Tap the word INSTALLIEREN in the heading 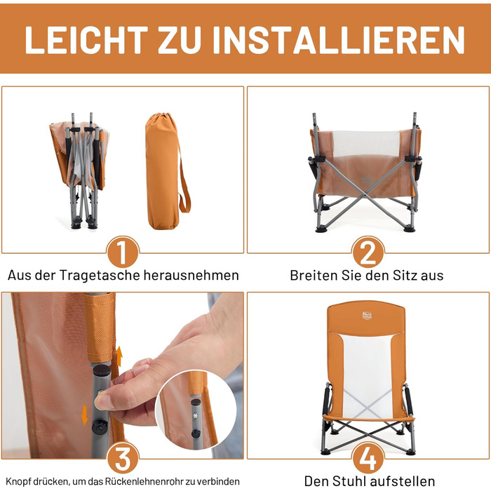click(x=339, y=40)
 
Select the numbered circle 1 click(x=123, y=253)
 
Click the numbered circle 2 click(x=368, y=253)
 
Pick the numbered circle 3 click(x=123, y=458)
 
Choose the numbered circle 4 click(x=368, y=458)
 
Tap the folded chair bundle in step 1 click(x=80, y=170)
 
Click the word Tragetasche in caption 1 click(x=100, y=275)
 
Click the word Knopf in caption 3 click(x=18, y=482)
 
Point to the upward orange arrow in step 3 click(x=119, y=356)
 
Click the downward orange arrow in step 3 click(x=85, y=415)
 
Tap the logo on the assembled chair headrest click(x=367, y=315)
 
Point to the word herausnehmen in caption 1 click(x=191, y=275)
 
